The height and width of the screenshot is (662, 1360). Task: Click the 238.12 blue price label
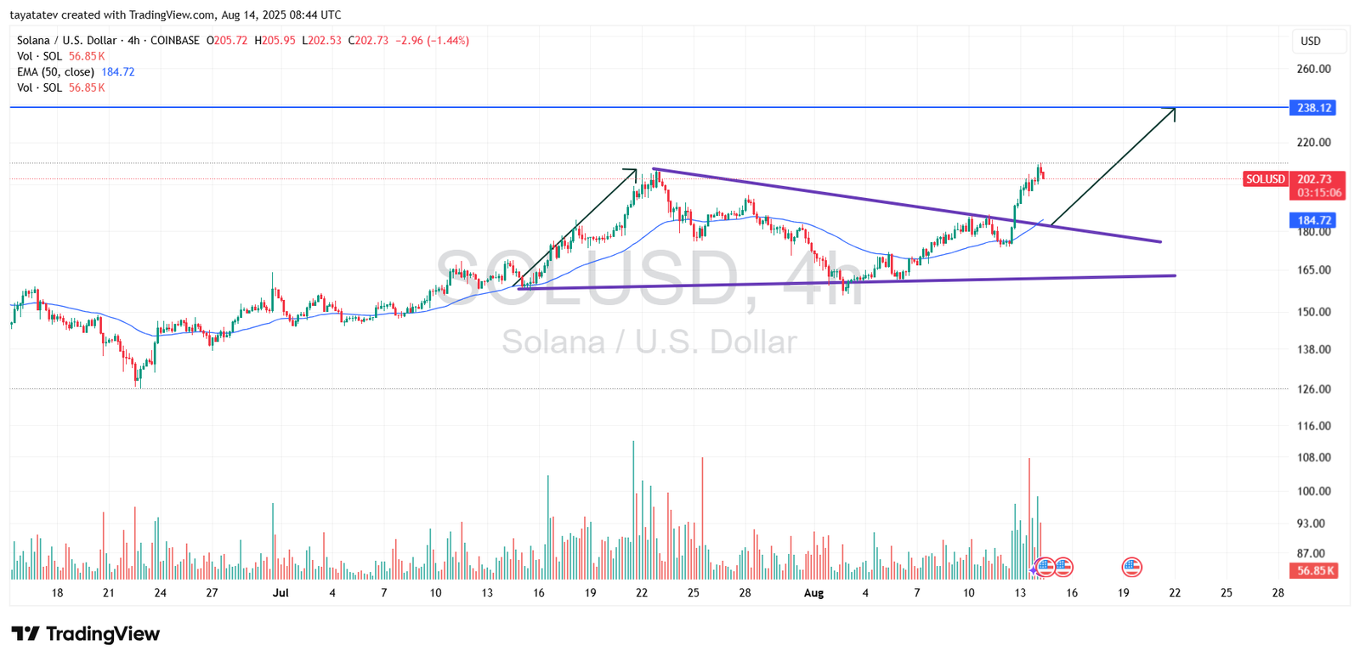click(x=1314, y=108)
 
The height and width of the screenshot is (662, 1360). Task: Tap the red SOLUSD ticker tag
click(x=1265, y=179)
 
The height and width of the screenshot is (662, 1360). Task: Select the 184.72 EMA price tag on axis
click(x=1314, y=220)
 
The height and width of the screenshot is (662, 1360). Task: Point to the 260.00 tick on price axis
click(x=1313, y=69)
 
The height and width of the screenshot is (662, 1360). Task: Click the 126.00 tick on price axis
click(x=1313, y=389)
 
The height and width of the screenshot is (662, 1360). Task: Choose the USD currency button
click(x=1311, y=41)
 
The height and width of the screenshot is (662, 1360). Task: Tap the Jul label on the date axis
click(x=280, y=593)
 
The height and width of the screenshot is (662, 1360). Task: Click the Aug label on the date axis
click(x=813, y=593)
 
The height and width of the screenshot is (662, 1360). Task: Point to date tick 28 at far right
click(x=1278, y=593)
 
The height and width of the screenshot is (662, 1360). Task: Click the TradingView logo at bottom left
click(x=85, y=634)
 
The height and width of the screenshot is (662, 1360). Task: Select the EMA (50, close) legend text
click(x=55, y=72)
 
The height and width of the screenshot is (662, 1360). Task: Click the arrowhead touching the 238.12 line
click(x=1173, y=110)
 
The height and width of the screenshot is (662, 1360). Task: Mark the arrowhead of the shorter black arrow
click(x=633, y=171)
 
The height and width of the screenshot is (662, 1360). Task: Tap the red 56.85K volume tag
click(x=1316, y=571)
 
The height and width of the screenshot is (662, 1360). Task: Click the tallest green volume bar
click(x=633, y=510)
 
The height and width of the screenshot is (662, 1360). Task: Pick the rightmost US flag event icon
click(x=1131, y=567)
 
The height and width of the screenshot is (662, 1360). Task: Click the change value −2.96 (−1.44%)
click(x=432, y=41)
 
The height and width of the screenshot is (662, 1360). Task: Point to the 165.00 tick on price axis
click(x=1313, y=270)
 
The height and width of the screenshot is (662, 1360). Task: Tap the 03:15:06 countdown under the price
click(x=1319, y=193)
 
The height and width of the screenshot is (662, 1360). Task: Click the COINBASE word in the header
click(x=174, y=41)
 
